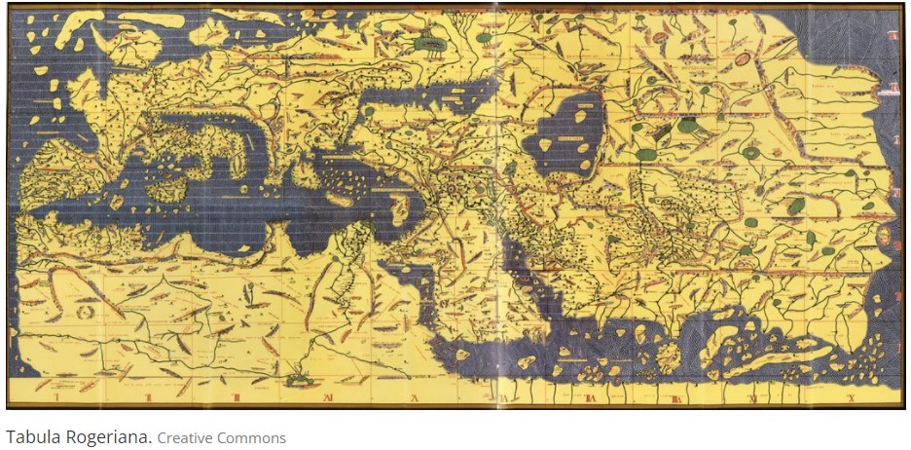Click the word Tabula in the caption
[28, 437]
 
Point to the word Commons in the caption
[254, 437]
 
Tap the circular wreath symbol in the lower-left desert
[84, 313]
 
